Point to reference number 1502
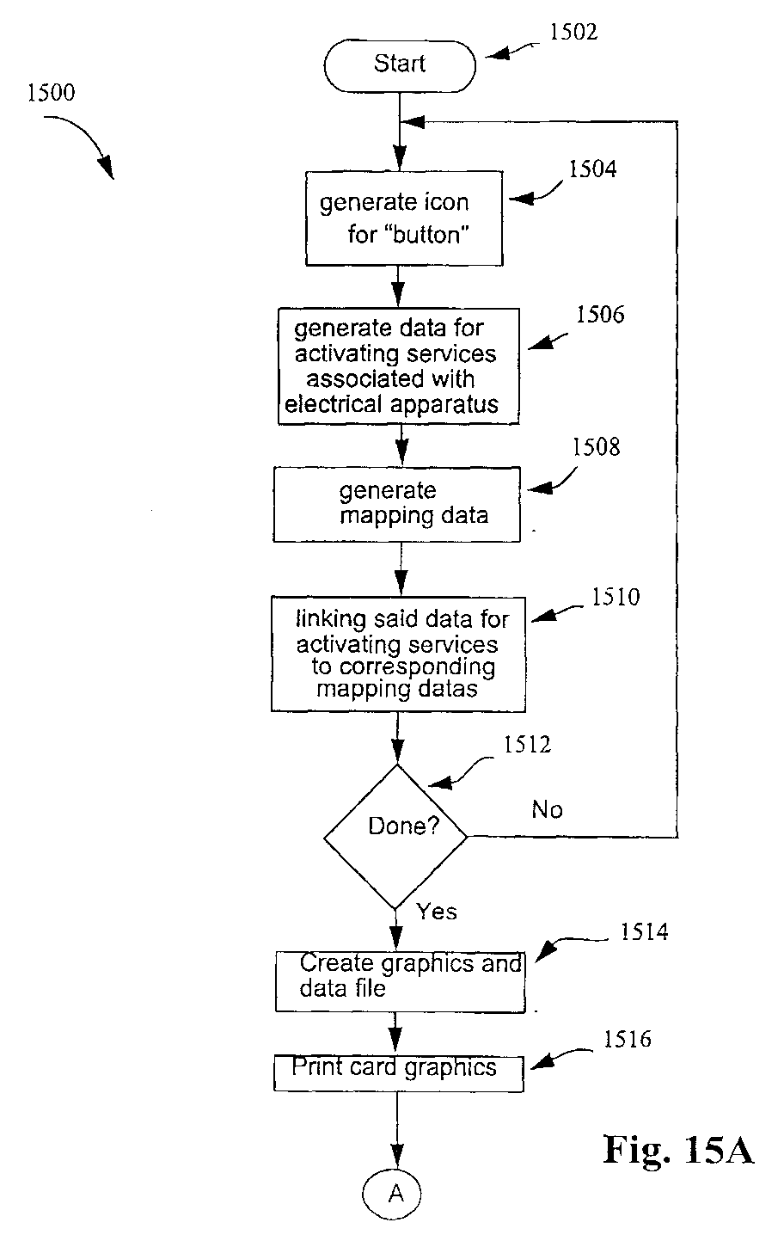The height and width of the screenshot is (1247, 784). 573,33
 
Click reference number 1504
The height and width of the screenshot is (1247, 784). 592,169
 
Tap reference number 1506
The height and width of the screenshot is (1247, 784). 600,315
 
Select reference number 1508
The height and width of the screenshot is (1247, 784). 597,447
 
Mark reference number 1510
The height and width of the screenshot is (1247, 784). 616,597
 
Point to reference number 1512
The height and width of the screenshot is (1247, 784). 528,744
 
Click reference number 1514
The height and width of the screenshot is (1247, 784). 645,932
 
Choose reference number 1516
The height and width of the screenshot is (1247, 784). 628,1039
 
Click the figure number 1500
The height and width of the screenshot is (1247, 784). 52,92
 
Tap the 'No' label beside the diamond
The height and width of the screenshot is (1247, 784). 547,810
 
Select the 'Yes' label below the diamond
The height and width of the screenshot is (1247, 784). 437,912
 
